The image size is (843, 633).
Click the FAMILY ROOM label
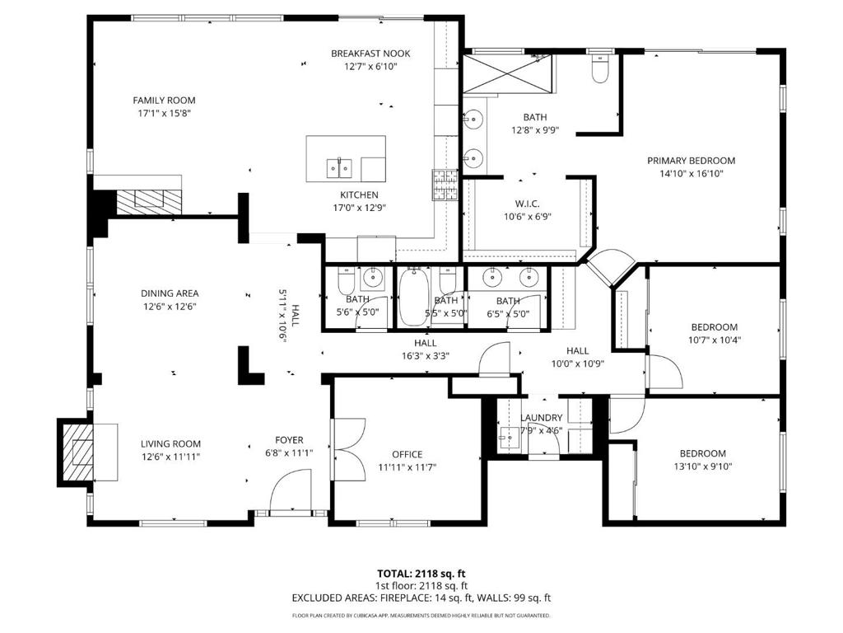pyautogui.click(x=164, y=100)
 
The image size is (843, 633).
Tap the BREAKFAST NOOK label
pyautogui.click(x=370, y=54)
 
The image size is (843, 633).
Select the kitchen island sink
pyautogui.click(x=339, y=168)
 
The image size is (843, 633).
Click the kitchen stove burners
pyautogui.click(x=445, y=185)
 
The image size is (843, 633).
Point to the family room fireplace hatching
pyautogui.click(x=150, y=202)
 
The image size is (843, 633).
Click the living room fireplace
pyautogui.click(x=78, y=452)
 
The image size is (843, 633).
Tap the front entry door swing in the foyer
pyautogui.click(x=291, y=489)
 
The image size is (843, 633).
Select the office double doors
pyautogui.click(x=348, y=449)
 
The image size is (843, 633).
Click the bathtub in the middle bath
pyautogui.click(x=413, y=297)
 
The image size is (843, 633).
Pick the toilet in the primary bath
pyautogui.click(x=599, y=68)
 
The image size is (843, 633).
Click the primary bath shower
pyautogui.click(x=507, y=73)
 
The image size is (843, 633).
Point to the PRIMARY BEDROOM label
pyautogui.click(x=691, y=161)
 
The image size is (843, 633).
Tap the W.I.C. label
pyautogui.click(x=528, y=204)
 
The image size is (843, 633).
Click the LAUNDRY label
pyautogui.click(x=542, y=418)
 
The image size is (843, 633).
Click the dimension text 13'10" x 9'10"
pyautogui.click(x=703, y=467)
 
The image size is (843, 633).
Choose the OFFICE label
pyautogui.click(x=407, y=454)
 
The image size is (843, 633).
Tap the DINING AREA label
pyautogui.click(x=170, y=293)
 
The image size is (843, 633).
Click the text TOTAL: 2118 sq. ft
pyautogui.click(x=421, y=574)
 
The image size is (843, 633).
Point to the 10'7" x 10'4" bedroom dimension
pyautogui.click(x=715, y=340)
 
